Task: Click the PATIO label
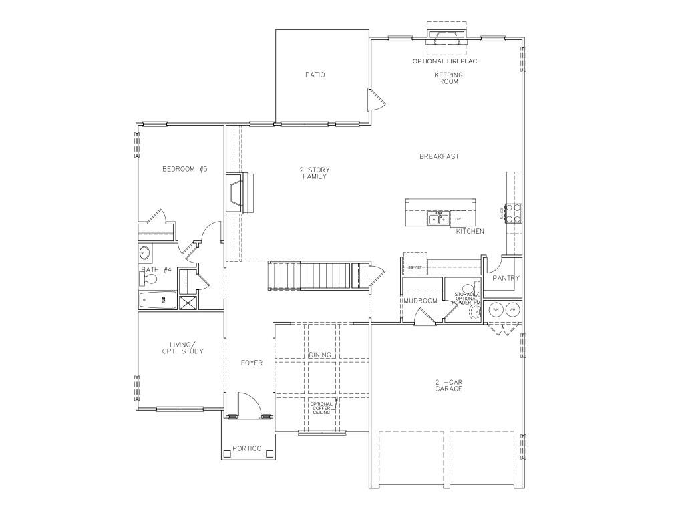(x=315, y=75)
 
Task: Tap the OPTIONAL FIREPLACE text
(x=447, y=61)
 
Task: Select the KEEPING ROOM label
(x=448, y=78)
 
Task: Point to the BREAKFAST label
(x=439, y=156)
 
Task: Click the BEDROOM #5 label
(x=184, y=170)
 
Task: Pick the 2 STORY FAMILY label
(x=314, y=173)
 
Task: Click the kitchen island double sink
(x=438, y=218)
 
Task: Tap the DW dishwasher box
(x=459, y=218)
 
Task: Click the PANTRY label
(x=506, y=278)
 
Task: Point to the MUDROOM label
(x=421, y=301)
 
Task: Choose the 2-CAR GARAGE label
(x=448, y=385)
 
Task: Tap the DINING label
(x=320, y=355)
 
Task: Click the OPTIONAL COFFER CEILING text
(x=321, y=408)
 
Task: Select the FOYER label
(x=252, y=363)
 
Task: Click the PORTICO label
(x=246, y=448)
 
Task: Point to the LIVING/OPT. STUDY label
(x=182, y=348)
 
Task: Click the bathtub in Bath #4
(x=158, y=301)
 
